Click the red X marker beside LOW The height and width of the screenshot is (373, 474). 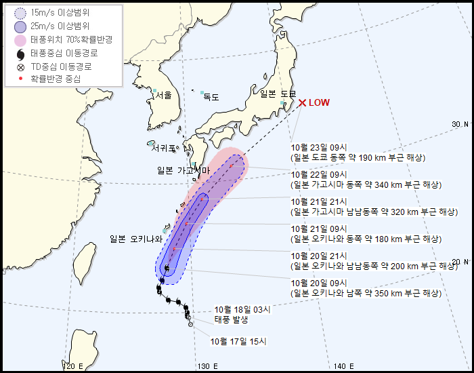pyautogui.click(x=302, y=103)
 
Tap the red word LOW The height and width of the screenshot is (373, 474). pyautogui.click(x=319, y=103)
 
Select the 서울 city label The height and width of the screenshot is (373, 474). pyautogui.click(x=163, y=96)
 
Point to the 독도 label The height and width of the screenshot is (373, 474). pyautogui.click(x=211, y=97)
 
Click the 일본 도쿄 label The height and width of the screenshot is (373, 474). pyautogui.click(x=278, y=94)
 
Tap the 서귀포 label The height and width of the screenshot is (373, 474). pyautogui.click(x=164, y=148)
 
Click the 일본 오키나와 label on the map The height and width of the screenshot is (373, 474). pyautogui.click(x=137, y=239)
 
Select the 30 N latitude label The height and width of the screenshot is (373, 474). pyautogui.click(x=460, y=124)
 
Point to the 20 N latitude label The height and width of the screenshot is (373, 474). pyautogui.click(x=460, y=262)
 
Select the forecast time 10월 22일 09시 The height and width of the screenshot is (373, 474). pyautogui.click(x=319, y=174)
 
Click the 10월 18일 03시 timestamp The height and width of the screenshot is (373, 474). pyautogui.click(x=242, y=309)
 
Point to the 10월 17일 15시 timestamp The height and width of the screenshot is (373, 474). pyautogui.click(x=238, y=341)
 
